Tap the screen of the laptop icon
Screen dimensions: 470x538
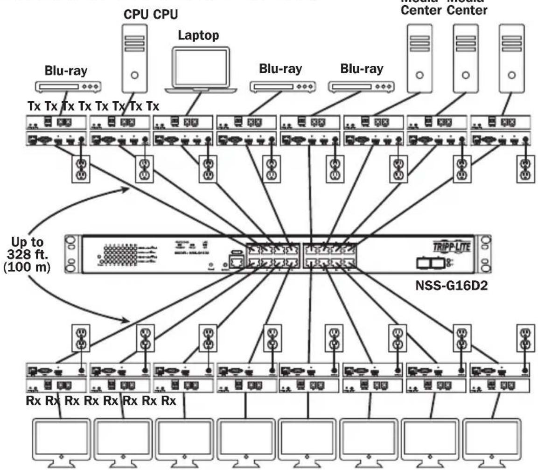click(200, 67)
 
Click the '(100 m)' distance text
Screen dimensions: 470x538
click(27, 271)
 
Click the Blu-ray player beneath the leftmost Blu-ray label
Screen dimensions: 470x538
click(68, 86)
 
